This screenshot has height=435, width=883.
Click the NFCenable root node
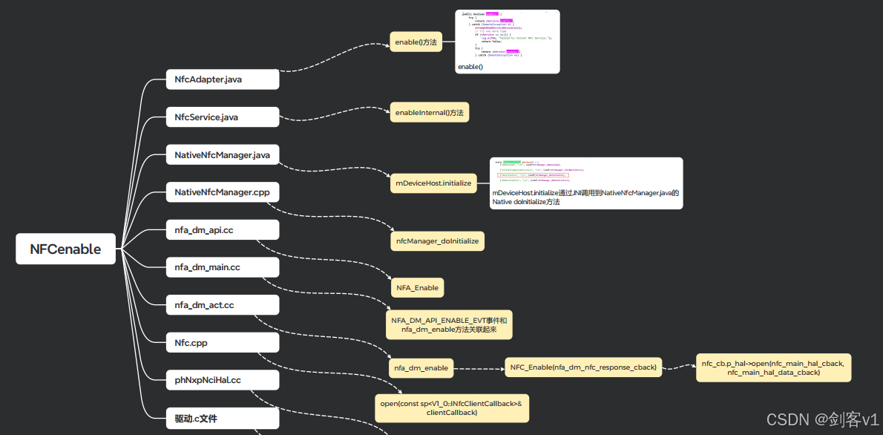(x=65, y=249)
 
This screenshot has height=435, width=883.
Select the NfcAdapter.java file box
(x=223, y=79)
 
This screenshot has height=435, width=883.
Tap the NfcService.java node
(x=223, y=117)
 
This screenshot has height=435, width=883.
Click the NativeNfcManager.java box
(x=223, y=155)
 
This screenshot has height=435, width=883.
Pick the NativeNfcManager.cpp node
(x=223, y=192)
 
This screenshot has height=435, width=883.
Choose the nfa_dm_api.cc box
(x=223, y=230)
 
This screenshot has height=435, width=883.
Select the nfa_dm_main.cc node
(x=223, y=267)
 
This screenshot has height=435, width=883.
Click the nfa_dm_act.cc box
(x=223, y=305)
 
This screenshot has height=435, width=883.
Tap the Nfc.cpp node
(x=223, y=343)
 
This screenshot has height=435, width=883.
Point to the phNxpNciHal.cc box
(x=223, y=380)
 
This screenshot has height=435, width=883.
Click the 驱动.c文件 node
(x=223, y=419)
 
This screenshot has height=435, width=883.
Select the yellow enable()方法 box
(x=416, y=42)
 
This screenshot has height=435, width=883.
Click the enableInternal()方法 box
(x=430, y=113)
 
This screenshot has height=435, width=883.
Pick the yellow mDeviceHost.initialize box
(x=433, y=183)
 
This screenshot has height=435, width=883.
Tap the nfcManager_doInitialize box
(x=438, y=241)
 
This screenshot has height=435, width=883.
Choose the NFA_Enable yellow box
(x=417, y=287)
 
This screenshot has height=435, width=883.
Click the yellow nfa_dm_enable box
(x=421, y=367)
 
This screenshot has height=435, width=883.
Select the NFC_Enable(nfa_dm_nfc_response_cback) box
(x=584, y=367)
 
